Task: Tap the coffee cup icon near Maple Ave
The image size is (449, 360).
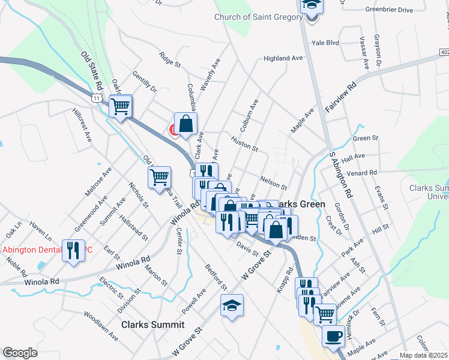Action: [x=333, y=335]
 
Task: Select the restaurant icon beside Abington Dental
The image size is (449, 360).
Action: [x=73, y=250]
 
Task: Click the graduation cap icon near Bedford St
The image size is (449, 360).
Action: [x=232, y=305]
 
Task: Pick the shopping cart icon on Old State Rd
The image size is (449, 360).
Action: [x=121, y=107]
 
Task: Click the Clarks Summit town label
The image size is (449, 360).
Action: [x=152, y=325]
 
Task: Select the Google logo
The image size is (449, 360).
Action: [x=20, y=353]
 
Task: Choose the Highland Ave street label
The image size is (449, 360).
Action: [x=283, y=58]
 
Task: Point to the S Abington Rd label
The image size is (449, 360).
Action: [x=340, y=175]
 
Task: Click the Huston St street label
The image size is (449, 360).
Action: [x=244, y=145]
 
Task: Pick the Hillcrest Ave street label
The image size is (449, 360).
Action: [x=82, y=125]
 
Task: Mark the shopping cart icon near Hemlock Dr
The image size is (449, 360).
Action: [x=325, y=313]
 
